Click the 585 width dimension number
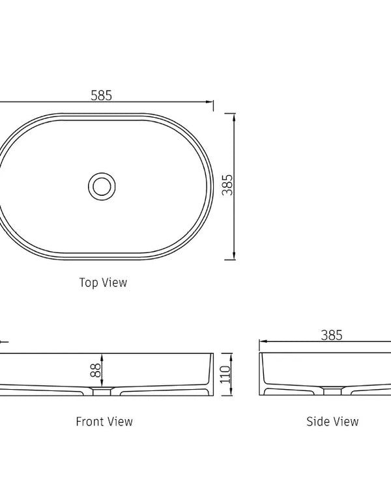(101, 95)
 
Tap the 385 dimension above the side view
(332, 335)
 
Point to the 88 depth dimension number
(95, 370)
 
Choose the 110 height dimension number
(225, 374)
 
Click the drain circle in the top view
(102, 185)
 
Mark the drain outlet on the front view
(102, 392)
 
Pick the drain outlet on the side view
(332, 392)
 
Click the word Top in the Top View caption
(89, 282)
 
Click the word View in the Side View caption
(346, 422)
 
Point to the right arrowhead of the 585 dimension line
(210, 102)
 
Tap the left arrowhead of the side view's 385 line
(263, 342)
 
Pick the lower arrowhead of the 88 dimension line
(103, 387)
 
